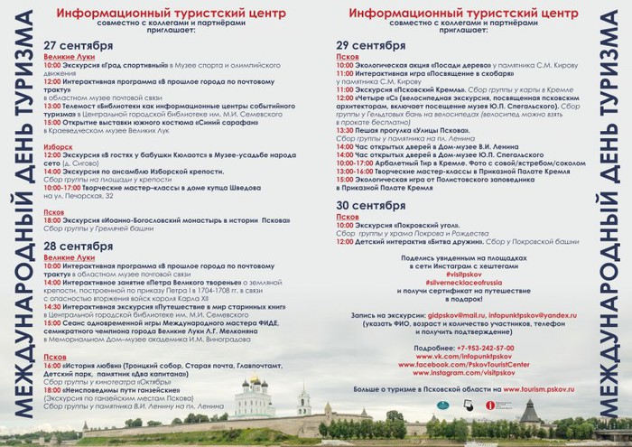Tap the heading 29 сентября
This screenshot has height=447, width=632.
coord(370,44)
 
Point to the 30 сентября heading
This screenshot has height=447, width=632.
coord(370,206)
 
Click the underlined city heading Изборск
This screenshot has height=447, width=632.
coord(58,145)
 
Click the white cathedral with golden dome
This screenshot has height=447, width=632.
coord(256,396)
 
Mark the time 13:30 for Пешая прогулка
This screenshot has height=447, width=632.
coord(343,130)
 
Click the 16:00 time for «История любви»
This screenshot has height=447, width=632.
coord(52,366)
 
